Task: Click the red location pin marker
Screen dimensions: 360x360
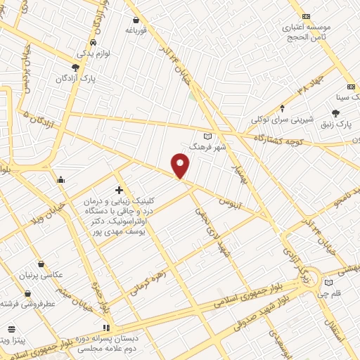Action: coord(181,166)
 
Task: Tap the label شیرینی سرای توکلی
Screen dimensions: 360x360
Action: coord(283,120)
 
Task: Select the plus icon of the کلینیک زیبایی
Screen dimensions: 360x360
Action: coord(118,190)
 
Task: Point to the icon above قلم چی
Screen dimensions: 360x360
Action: coord(328,283)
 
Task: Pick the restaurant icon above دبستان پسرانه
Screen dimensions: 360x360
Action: coord(106,328)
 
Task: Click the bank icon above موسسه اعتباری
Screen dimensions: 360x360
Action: coord(306,16)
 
